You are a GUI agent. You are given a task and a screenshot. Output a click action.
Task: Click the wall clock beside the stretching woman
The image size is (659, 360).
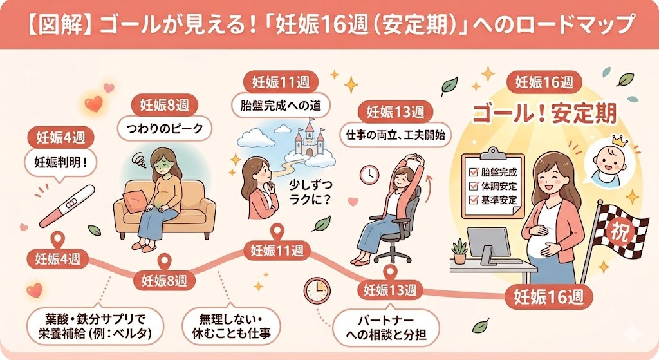[369, 174]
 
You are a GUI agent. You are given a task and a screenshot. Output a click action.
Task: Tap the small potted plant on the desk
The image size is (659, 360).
[459, 251]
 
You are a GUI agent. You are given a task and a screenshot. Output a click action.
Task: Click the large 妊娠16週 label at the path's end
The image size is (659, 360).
[548, 297]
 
